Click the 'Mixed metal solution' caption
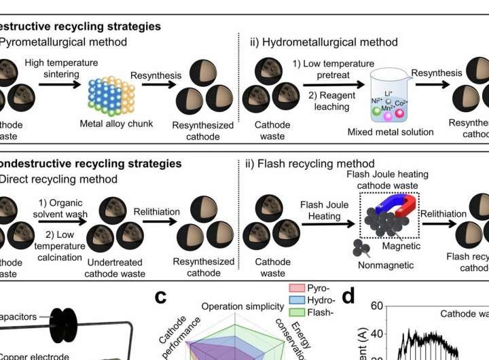390,132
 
